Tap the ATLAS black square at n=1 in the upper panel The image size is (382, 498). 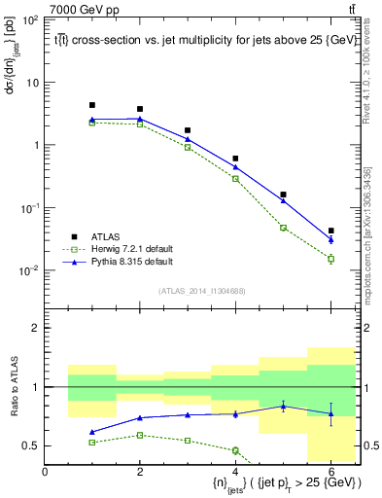coord(92,105)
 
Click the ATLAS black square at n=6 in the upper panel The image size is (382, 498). coord(331,231)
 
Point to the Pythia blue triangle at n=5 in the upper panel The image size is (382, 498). coord(284,200)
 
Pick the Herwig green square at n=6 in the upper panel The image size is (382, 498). coord(331,259)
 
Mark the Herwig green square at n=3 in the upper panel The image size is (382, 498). coord(188,147)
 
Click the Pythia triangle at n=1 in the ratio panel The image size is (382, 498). coord(92,432)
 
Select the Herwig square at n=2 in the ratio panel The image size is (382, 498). coord(140,435)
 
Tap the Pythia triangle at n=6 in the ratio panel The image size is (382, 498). coord(331,413)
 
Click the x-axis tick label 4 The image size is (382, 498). coord(236,472)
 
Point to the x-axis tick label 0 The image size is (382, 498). coord(45,472)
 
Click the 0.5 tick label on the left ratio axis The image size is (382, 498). coord(30,445)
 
